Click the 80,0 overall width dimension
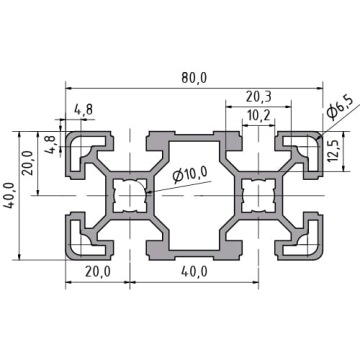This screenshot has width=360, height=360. point(194,78)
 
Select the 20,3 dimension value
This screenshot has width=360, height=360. point(259,97)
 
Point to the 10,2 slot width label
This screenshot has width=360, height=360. point(259,116)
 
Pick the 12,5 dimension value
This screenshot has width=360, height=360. point(333,151)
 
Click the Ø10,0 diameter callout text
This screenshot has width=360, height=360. point(190,175)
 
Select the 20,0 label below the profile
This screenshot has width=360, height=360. point(98,272)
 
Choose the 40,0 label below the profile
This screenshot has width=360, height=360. point(194,272)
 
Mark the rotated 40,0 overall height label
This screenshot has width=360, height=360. point(10,195)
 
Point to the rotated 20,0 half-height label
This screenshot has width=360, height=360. point(28,163)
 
